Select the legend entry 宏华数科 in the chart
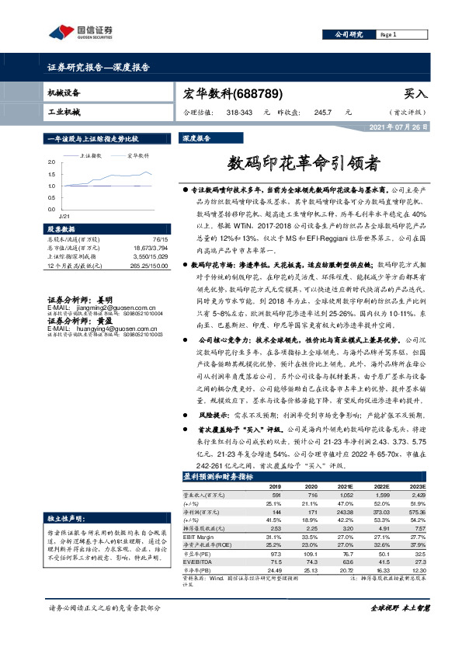pos(137,156)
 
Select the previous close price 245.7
pos(322,112)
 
